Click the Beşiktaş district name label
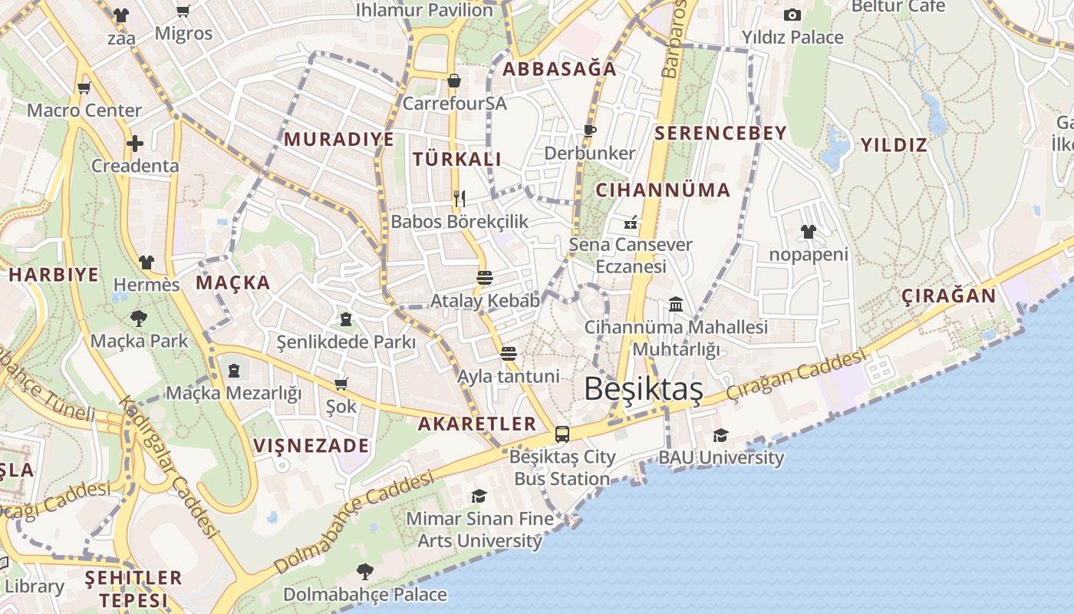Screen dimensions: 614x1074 pyautogui.click(x=643, y=389)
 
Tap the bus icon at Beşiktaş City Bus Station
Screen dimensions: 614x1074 pyautogui.click(x=562, y=434)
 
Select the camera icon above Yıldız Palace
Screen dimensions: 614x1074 pyautogui.click(x=792, y=15)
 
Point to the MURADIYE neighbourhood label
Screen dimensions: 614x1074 pyautogui.click(x=339, y=140)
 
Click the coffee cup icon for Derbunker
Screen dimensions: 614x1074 pyautogui.click(x=589, y=130)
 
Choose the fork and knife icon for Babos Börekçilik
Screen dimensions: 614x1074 pyautogui.click(x=460, y=199)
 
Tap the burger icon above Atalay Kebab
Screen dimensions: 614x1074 pyautogui.click(x=485, y=277)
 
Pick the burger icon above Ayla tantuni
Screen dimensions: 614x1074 pyautogui.click(x=508, y=353)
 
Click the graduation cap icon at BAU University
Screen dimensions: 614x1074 pyautogui.click(x=720, y=435)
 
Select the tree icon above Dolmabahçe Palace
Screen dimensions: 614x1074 pyautogui.click(x=365, y=571)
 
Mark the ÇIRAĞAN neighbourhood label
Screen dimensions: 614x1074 pyautogui.click(x=948, y=296)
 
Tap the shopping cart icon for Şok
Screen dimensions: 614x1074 pyautogui.click(x=341, y=383)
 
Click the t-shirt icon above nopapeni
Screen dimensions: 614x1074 pyautogui.click(x=808, y=231)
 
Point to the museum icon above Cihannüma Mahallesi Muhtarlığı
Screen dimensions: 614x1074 pyautogui.click(x=676, y=305)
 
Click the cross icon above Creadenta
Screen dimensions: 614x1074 pyautogui.click(x=135, y=143)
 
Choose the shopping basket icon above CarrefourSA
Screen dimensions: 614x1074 pyautogui.click(x=454, y=81)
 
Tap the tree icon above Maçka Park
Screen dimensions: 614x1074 pyautogui.click(x=139, y=318)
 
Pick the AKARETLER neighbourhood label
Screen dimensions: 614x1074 pyautogui.click(x=477, y=424)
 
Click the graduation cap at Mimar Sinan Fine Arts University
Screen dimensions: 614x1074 pyautogui.click(x=479, y=496)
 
